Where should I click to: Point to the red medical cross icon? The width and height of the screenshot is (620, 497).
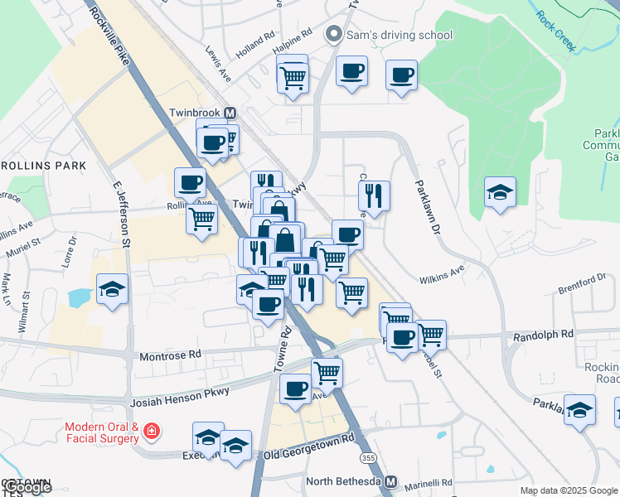coord(151,431)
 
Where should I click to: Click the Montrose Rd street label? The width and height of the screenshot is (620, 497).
coord(171,354)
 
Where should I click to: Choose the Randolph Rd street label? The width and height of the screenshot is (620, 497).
coord(543,335)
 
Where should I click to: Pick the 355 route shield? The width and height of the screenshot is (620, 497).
coord(366,456)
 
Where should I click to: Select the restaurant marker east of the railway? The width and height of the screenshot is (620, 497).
coord(374,195)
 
